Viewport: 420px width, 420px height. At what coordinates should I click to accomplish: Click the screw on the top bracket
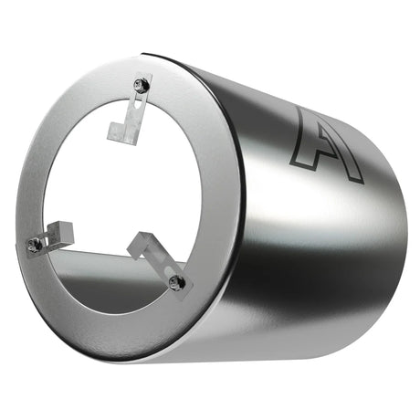coord(142,85)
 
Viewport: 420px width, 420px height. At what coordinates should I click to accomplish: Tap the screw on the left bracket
coord(36,244)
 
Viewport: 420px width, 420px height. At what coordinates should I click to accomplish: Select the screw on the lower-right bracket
coord(175,283)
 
